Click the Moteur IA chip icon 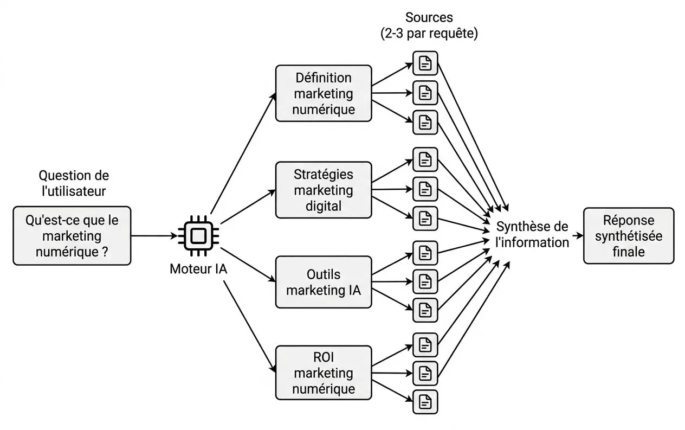(x=199, y=236)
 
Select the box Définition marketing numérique (x=324, y=93)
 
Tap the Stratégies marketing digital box (x=324, y=190)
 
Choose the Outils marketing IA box (x=324, y=283)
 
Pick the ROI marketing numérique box (x=324, y=373)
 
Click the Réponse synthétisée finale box (x=629, y=236)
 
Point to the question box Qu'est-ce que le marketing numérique (x=72, y=236)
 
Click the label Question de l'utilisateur (x=74, y=183)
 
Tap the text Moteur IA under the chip (x=198, y=269)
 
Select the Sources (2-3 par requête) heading (x=429, y=25)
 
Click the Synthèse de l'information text (x=532, y=234)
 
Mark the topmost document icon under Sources (x=425, y=63)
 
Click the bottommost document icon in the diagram (x=425, y=402)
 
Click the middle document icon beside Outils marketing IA (x=425, y=281)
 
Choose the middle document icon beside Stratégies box (x=425, y=189)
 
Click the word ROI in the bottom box (x=324, y=358)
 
